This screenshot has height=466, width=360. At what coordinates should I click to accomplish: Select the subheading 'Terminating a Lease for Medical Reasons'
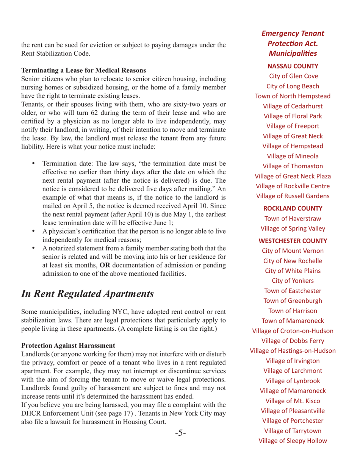[83, 70]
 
